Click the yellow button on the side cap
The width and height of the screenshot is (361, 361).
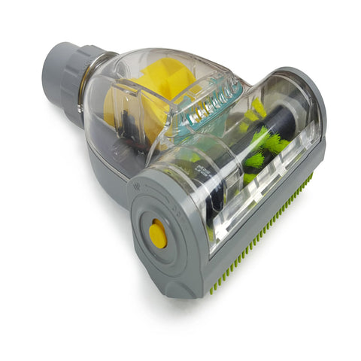(158, 235)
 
